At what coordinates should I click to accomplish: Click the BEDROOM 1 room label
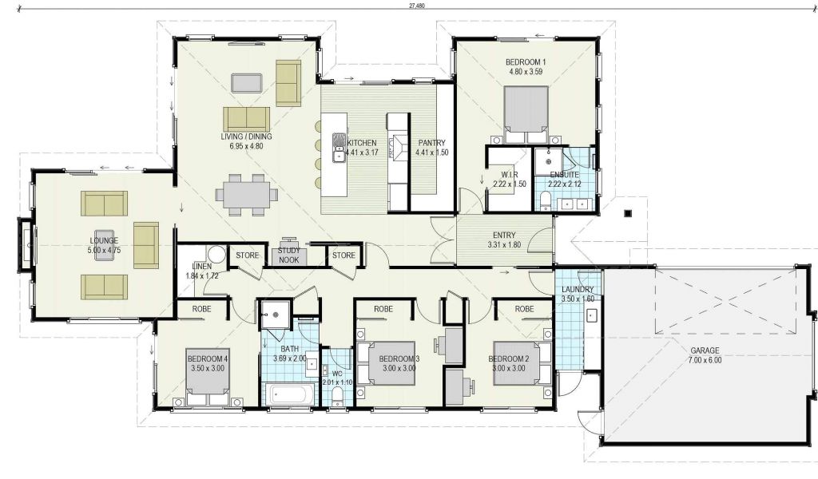point(526,62)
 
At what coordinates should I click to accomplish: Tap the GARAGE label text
point(705,350)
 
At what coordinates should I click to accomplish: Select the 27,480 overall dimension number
point(417,6)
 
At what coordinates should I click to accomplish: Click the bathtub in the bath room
point(290,394)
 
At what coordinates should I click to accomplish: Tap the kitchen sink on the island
point(339,148)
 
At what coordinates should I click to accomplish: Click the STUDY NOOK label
point(289,255)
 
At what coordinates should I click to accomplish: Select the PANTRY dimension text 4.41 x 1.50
point(432,152)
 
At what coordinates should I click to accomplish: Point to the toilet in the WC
point(338,395)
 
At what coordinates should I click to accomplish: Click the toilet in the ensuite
point(544,200)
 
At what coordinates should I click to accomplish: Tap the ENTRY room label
point(504,235)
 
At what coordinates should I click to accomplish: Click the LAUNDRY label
point(578,289)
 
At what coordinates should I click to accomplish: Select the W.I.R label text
point(509,175)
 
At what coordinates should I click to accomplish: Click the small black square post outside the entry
point(628,212)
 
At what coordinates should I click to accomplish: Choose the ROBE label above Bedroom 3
point(383,309)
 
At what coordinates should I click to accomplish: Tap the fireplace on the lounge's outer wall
point(25,244)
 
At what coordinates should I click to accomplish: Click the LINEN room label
point(201,267)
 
